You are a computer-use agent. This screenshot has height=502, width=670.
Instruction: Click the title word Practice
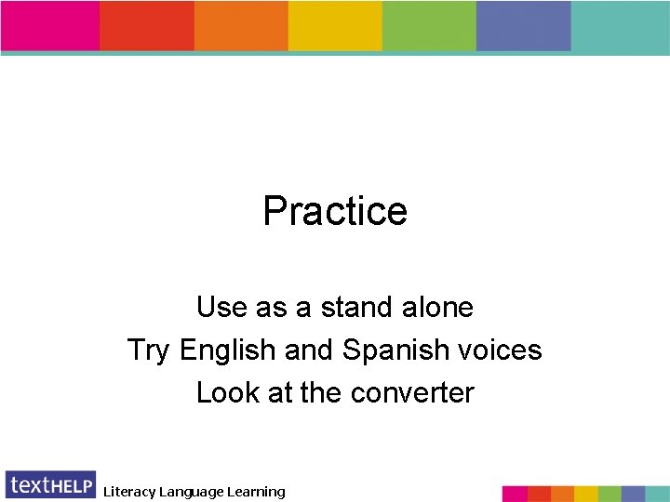335,211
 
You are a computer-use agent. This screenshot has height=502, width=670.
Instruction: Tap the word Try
149,350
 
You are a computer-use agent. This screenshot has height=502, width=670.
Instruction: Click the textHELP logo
50,484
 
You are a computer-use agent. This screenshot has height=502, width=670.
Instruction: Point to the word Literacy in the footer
129,492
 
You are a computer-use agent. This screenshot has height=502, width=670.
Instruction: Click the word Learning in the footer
252,492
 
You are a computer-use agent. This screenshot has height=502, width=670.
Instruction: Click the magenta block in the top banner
50,26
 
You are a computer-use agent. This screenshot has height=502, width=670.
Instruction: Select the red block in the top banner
147,26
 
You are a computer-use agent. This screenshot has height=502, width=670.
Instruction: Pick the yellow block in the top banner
335,26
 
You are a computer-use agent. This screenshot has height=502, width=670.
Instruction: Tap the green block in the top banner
429,26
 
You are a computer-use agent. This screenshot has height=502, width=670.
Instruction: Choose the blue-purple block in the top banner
523,26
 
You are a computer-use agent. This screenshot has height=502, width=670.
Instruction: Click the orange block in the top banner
241,26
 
